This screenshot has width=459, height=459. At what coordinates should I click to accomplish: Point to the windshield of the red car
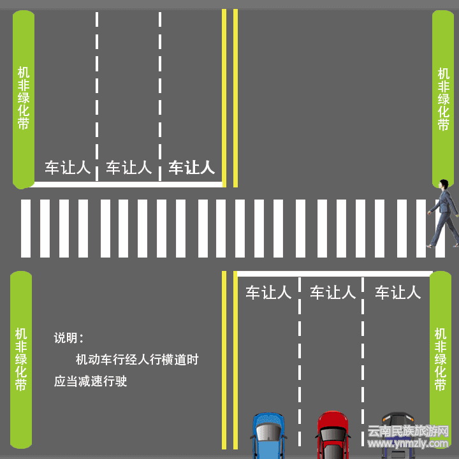coord(333,435)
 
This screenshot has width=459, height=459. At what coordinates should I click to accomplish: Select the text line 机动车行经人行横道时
coord(137,360)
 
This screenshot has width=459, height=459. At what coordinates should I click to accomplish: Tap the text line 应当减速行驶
coord(91,381)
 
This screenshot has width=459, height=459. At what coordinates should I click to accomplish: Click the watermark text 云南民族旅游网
coord(409,431)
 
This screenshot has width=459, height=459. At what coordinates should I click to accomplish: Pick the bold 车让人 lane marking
coord(191,168)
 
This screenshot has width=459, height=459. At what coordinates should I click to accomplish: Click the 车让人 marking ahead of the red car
coord(332,293)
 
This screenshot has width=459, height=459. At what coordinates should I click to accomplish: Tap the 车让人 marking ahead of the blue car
coord(268,293)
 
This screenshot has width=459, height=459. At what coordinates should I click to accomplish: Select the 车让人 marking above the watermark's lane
coord(398,293)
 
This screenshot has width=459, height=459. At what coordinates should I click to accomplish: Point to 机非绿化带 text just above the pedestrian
coord(443,99)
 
